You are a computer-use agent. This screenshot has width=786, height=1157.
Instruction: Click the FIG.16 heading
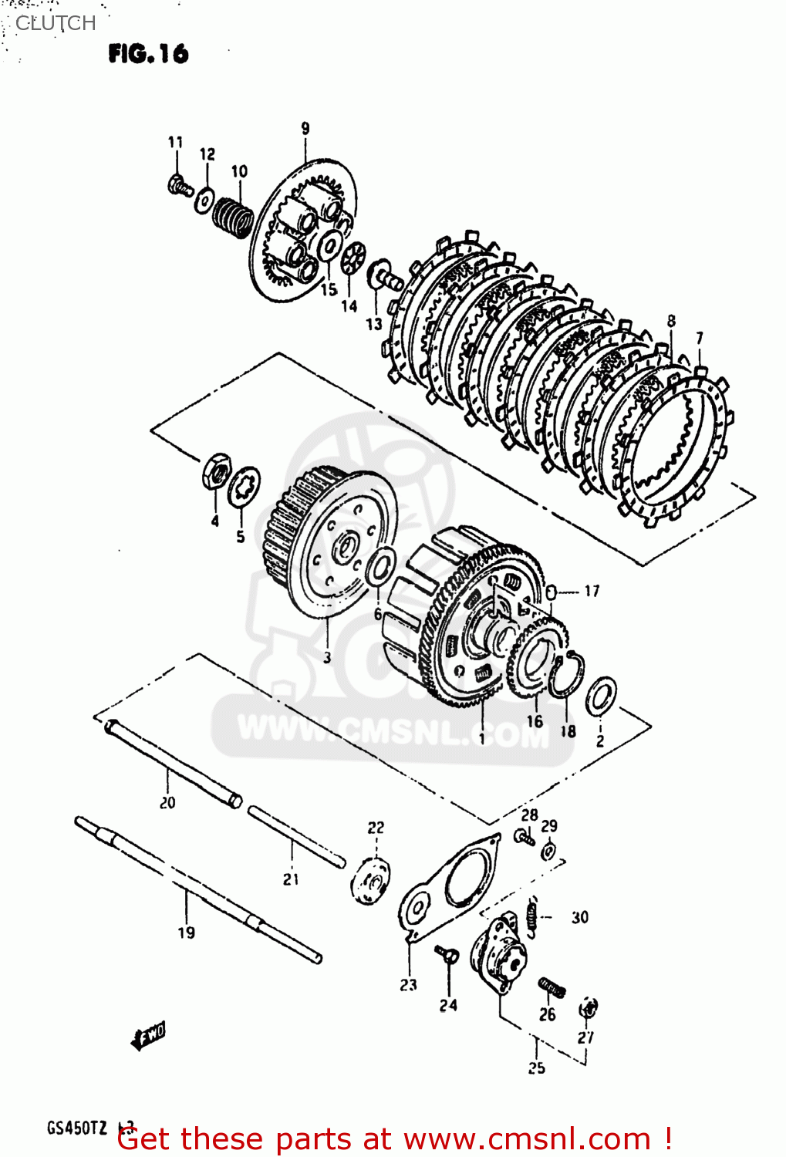point(148,53)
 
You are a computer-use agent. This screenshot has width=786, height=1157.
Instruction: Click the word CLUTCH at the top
point(56,23)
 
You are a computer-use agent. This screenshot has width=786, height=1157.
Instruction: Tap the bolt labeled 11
point(179,186)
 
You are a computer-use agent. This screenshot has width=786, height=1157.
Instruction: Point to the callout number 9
point(305,128)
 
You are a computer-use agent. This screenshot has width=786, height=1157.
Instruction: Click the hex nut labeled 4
point(216,470)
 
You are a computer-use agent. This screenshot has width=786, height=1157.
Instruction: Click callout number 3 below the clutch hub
point(327,657)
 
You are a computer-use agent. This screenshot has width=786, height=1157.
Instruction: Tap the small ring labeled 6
point(380,568)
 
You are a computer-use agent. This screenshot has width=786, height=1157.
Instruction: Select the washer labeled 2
point(601,697)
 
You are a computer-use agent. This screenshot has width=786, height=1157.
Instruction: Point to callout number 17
point(592,591)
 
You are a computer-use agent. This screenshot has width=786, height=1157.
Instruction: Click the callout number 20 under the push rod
point(167,803)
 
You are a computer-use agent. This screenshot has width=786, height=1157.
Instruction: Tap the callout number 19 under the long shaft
point(187,933)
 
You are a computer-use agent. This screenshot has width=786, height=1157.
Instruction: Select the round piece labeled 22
point(371,880)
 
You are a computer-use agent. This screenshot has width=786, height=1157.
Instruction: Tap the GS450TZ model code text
point(77,1128)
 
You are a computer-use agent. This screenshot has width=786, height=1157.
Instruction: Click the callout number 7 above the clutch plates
point(699,338)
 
